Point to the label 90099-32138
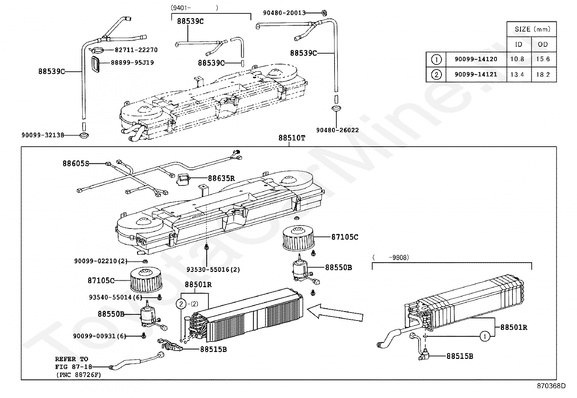[43, 135]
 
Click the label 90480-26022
[337, 130]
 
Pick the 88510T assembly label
[292, 138]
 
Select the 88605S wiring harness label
[76, 164]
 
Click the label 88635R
[221, 178]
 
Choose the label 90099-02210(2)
[101, 261]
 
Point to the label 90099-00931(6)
[99, 336]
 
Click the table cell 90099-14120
[476, 59]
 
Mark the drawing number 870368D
[551, 386]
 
